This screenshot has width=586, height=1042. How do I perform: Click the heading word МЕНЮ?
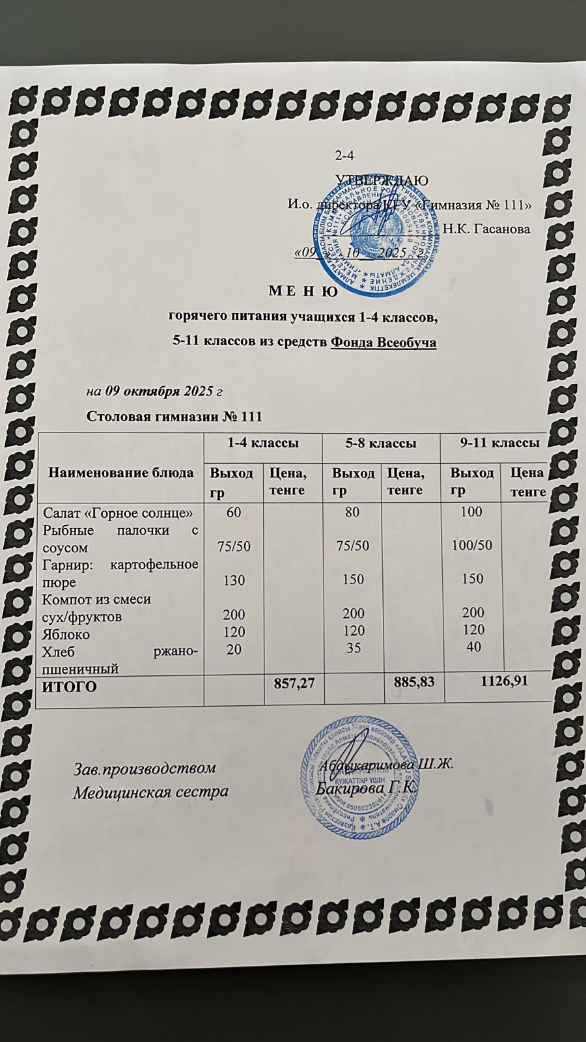point(303,292)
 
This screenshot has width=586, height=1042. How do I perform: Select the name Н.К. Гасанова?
point(486,229)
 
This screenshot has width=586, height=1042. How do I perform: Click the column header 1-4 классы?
point(262,444)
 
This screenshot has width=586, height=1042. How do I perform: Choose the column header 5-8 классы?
point(381,444)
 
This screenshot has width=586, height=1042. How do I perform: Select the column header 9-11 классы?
point(499,443)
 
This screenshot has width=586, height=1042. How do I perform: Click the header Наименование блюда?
point(121,473)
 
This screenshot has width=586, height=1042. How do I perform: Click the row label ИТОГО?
point(69,686)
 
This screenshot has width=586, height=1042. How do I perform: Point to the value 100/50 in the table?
point(470,545)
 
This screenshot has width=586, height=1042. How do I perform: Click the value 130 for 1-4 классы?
point(233,579)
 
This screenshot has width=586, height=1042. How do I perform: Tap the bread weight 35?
point(352,648)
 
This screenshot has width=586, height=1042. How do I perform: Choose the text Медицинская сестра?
point(150,793)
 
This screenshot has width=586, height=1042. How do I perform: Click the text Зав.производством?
point(143,768)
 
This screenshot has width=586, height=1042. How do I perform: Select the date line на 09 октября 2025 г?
point(155,392)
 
